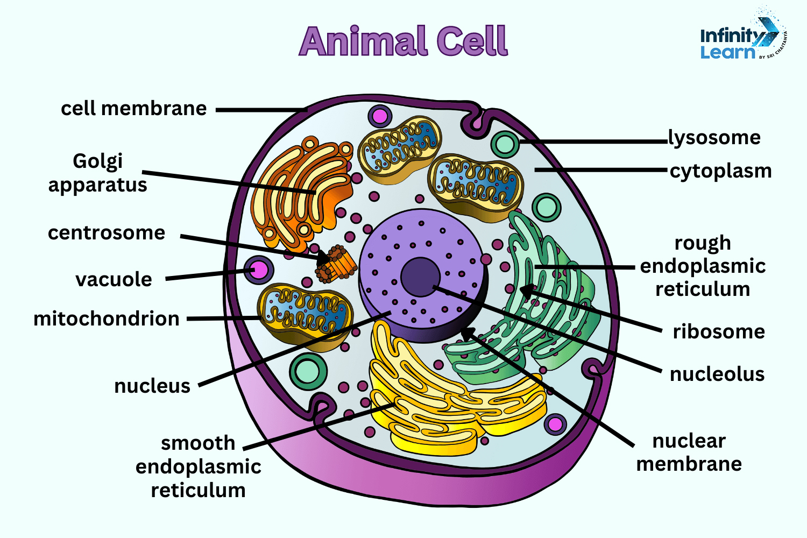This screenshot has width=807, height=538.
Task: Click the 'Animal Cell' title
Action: coord(403,41)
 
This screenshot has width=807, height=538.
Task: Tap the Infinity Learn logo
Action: coord(742,38)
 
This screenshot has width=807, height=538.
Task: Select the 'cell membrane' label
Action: coord(133,109)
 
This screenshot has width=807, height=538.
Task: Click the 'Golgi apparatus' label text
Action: coord(97,173)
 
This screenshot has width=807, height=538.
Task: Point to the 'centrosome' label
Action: coord(107,233)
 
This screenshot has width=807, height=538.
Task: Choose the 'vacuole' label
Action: coord(114,280)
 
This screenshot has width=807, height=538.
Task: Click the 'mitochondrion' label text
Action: coord(107,318)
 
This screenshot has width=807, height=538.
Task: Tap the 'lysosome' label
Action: coord(714,138)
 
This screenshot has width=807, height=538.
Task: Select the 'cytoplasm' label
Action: coord(720,171)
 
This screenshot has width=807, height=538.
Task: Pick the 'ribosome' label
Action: coord(719,331)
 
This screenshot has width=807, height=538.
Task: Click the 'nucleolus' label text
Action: coord(717,374)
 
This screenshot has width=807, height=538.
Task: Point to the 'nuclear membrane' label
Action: coord(689,452)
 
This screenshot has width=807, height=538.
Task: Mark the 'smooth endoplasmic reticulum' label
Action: coord(198,466)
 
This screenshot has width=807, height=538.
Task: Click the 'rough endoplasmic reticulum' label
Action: coord(703,266)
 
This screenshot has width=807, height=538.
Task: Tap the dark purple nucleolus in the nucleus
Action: coord(420,276)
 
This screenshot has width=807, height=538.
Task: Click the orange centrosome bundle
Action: coord(338,264)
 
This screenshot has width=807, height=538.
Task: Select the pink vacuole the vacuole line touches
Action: coord(259,270)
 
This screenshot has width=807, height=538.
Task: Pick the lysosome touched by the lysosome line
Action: coord(505,144)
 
